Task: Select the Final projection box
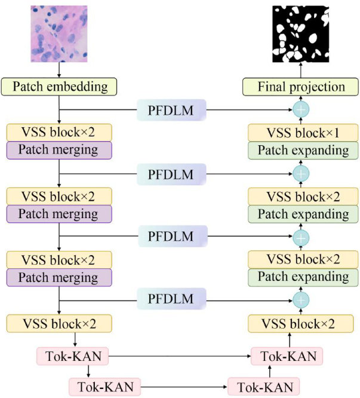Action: (x=301, y=87)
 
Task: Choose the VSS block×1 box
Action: (x=301, y=133)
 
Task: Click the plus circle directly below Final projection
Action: (x=301, y=110)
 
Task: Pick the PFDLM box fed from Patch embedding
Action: (x=171, y=110)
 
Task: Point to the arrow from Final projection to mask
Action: (x=301, y=70)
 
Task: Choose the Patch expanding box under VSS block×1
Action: (x=301, y=149)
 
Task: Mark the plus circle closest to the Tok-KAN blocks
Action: (x=301, y=299)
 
